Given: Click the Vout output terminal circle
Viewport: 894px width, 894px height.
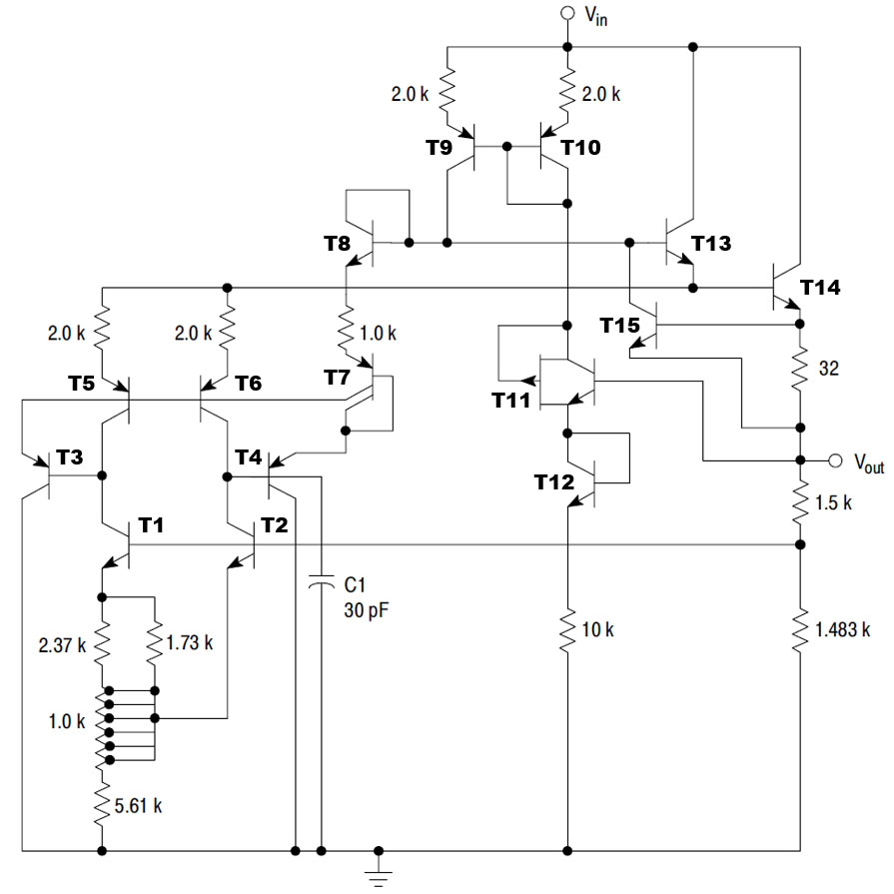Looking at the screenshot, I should [836, 460].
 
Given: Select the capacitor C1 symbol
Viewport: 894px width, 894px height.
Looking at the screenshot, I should [321, 585].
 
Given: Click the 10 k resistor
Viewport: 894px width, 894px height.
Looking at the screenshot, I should [567, 630].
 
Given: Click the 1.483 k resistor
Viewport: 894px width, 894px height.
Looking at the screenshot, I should [800, 629].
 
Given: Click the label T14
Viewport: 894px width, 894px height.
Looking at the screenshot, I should [819, 288].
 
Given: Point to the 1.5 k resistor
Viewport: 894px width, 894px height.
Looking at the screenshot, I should [800, 502].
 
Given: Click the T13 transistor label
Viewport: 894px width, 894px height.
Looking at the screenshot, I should [710, 243].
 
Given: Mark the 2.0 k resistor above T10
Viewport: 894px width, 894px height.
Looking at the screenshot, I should [567, 93].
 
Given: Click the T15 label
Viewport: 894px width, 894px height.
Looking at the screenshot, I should [619, 325].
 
